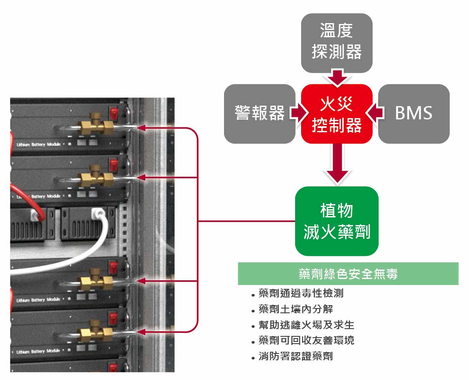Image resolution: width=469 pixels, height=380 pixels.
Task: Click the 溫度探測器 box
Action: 337,43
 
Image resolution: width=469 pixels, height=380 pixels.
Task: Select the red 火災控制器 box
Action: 337,114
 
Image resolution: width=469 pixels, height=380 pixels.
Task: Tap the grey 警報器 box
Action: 260,114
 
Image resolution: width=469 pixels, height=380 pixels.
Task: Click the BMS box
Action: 414,114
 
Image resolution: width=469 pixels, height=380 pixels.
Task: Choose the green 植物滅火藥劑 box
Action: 337,221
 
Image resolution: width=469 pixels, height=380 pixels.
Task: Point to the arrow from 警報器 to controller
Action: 299,114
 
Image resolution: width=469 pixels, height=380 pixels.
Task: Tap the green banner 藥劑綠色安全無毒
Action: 348,274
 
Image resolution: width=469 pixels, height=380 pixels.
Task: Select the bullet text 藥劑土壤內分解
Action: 296,309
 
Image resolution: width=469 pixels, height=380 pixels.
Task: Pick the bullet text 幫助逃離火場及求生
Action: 306,325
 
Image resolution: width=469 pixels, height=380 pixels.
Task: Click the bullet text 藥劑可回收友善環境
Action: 306,341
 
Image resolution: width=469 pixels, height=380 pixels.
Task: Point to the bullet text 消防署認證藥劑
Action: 296,356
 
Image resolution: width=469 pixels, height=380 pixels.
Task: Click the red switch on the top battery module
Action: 114,113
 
